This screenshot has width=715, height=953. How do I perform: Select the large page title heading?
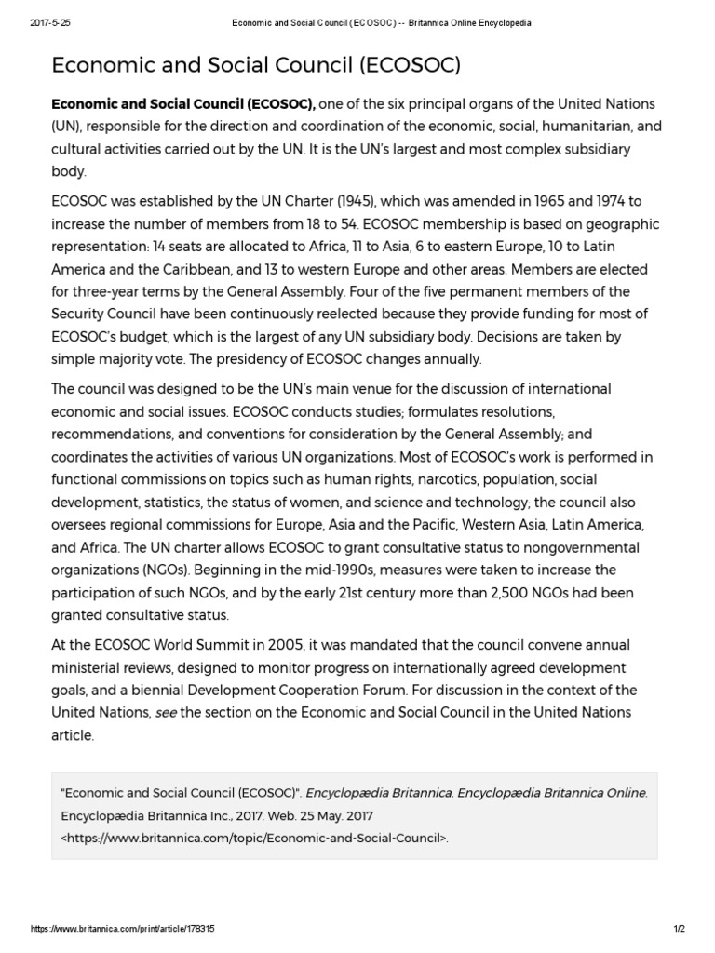point(256,65)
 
